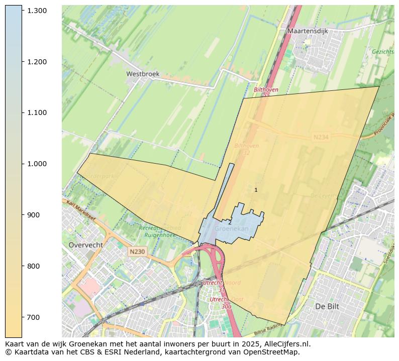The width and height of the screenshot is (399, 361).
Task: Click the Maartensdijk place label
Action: (x=308, y=31)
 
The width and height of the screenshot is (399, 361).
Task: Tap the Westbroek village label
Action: (x=143, y=74)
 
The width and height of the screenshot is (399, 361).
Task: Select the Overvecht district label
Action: (x=85, y=245)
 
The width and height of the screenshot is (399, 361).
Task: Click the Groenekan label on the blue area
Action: (x=232, y=229)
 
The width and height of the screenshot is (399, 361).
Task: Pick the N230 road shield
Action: (x=137, y=252)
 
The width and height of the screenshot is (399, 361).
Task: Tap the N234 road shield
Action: (x=321, y=137)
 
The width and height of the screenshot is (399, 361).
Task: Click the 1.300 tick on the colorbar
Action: (x=37, y=10)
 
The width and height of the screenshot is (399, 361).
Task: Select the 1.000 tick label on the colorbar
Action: (x=37, y=164)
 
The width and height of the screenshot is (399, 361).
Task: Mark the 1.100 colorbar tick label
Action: (x=37, y=112)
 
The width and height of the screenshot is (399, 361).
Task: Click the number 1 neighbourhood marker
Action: (x=256, y=190)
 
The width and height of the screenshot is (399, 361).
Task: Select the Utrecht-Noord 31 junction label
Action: (x=221, y=286)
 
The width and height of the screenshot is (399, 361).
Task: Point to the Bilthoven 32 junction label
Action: (x=246, y=149)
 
